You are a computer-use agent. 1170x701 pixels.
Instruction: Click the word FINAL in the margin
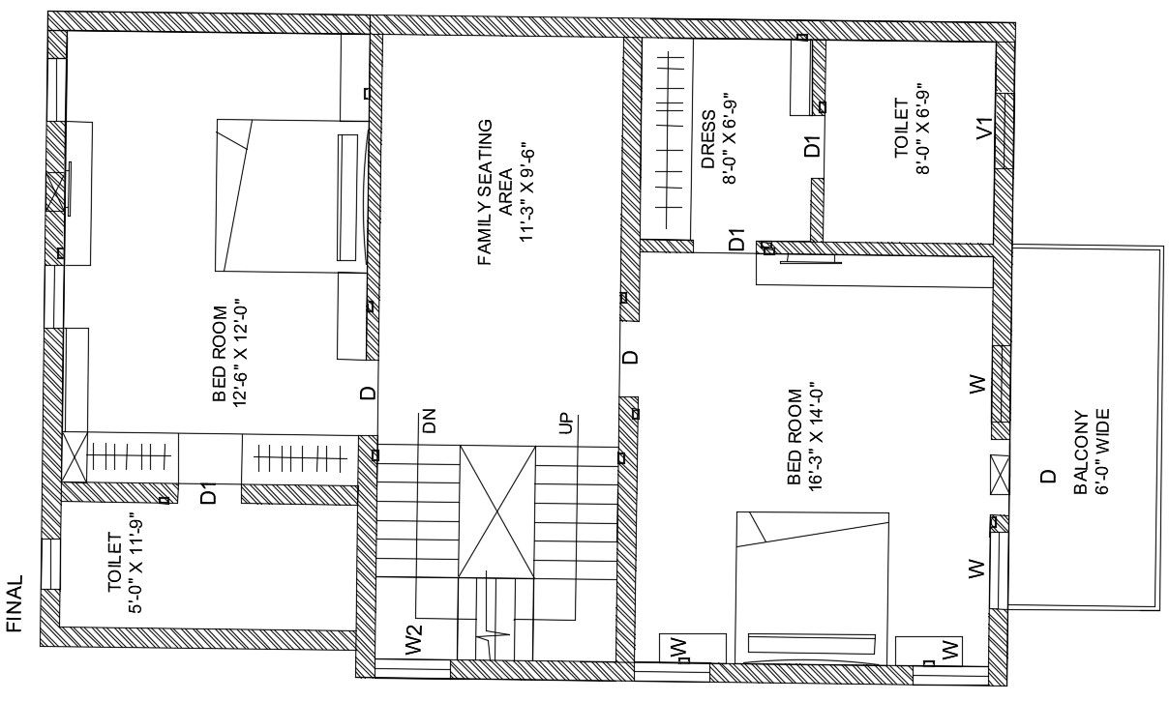coord(15,603)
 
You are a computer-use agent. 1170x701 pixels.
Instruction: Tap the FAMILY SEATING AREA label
coord(495,192)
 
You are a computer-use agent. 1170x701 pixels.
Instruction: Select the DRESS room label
coord(708,140)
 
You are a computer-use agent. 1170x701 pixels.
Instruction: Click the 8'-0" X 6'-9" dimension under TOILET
coord(923,129)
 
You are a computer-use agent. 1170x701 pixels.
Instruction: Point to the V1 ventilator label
coord(984,129)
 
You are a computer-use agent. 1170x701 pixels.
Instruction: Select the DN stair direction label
coord(429,421)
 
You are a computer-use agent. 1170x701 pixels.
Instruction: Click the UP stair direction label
coord(566,424)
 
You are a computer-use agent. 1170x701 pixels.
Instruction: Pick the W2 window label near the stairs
coord(413,640)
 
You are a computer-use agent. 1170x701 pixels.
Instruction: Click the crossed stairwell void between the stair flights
coord(497,511)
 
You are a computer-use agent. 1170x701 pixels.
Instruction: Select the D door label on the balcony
coord(1048,477)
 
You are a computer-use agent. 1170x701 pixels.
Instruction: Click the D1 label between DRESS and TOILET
coord(812,146)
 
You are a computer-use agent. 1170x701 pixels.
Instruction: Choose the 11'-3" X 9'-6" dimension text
coord(527,192)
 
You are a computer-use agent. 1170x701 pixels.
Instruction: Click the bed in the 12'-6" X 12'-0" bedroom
coord(292,195)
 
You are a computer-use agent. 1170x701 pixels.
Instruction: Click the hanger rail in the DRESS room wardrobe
coord(667,140)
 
